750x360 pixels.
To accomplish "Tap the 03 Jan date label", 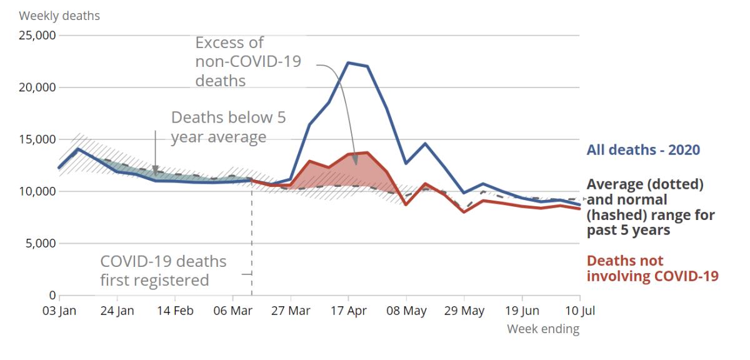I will tap(59, 311).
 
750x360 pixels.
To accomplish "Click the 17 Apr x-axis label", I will tap(348, 311).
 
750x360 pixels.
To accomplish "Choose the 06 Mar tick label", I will tap(232, 311).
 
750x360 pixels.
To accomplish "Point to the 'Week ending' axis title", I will tap(542, 329).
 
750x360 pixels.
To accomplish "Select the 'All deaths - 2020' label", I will tap(643, 150).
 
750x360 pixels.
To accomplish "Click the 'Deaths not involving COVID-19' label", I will tap(652, 268).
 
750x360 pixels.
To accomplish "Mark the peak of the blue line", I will tap(348, 62).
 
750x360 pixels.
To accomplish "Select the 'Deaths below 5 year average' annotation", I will tap(228, 127).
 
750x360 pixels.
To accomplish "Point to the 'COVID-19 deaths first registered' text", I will tap(163, 270).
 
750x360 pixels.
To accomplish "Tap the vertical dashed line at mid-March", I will tap(252, 250).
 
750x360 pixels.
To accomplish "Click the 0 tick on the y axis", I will tap(52, 295).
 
